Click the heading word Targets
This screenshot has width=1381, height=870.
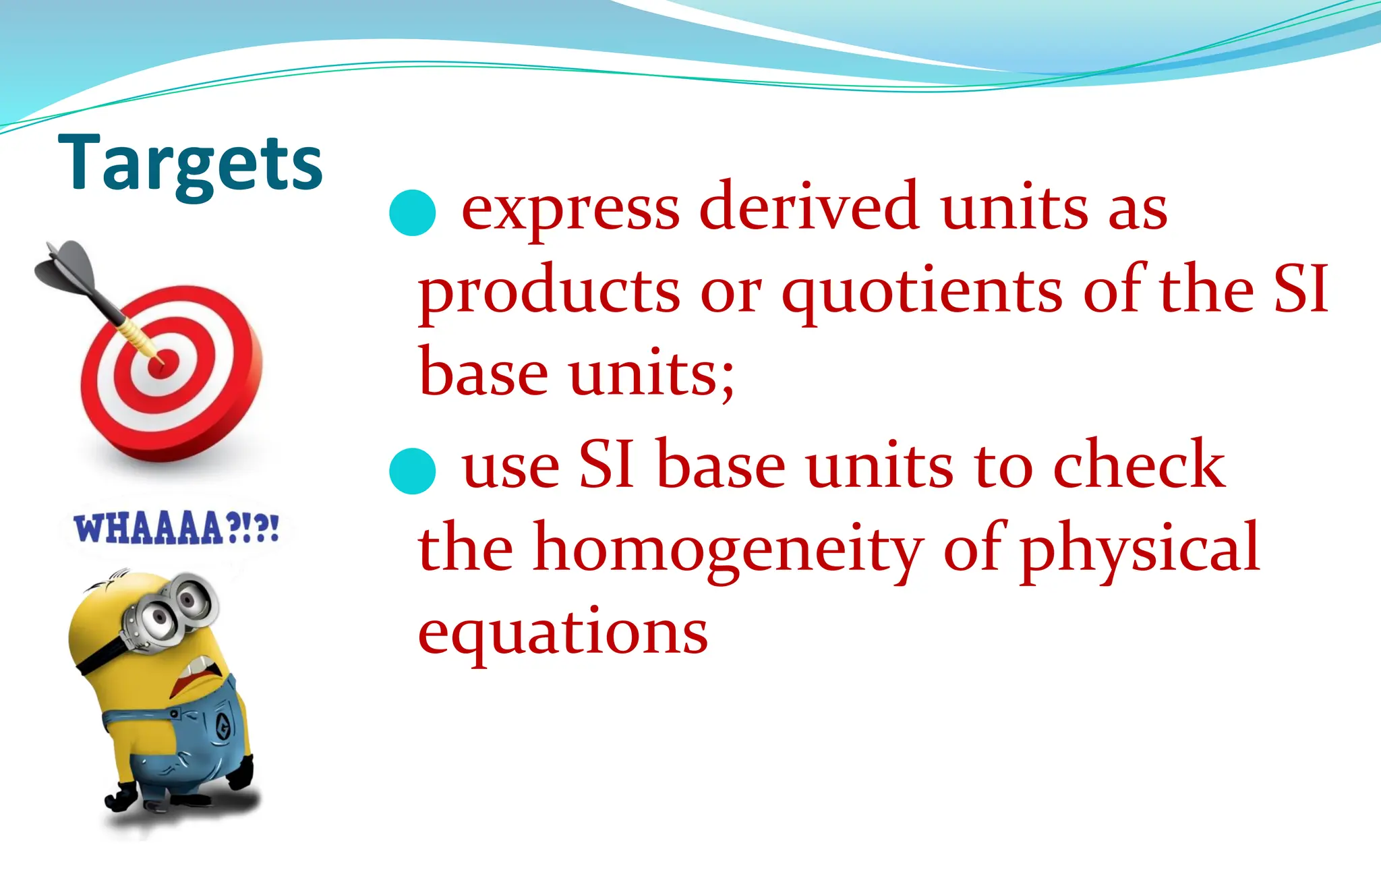pos(190,164)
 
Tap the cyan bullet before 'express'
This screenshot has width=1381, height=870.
pos(413,212)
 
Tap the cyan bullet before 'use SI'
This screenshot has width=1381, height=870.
pos(413,471)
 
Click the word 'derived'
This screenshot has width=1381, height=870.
pos(809,206)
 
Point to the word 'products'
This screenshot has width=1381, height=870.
pos(550,291)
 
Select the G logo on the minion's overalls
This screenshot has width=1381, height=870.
pos(223,727)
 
